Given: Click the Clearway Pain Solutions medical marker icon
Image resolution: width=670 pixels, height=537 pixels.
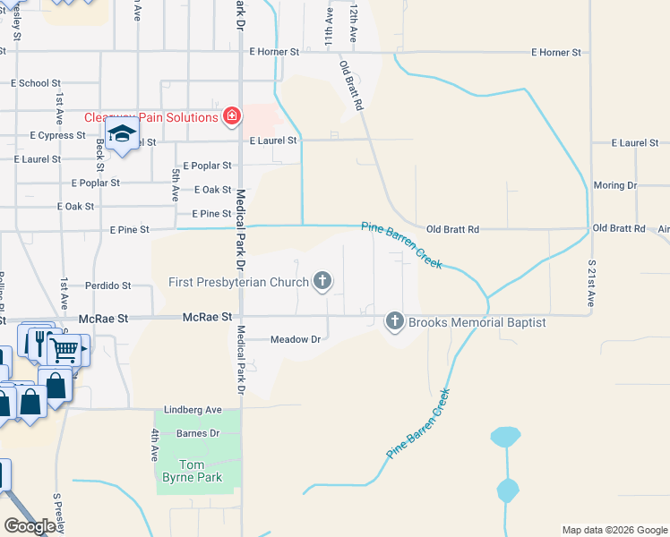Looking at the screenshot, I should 232,116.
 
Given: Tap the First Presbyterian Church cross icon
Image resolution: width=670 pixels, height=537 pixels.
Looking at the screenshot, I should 322,282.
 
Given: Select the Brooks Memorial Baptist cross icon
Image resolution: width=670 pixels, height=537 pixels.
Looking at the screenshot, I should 395,320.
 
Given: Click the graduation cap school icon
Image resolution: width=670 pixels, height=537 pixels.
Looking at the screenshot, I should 121,136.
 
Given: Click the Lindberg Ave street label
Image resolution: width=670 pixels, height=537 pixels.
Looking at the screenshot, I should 200,410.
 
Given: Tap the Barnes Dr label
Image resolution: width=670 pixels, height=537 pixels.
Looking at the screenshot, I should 198,433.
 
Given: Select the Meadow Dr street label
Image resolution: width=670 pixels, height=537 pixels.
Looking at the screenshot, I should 296,340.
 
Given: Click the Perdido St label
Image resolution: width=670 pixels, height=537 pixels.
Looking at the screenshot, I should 108,286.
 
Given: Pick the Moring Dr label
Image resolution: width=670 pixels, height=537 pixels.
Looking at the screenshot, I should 614,185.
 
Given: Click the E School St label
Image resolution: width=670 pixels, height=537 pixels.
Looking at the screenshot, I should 37,83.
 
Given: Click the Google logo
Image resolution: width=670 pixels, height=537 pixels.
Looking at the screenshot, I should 30,526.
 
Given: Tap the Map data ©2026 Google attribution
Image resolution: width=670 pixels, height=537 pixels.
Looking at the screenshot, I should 614,530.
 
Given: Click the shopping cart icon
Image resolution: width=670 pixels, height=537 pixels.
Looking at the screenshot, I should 63,350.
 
